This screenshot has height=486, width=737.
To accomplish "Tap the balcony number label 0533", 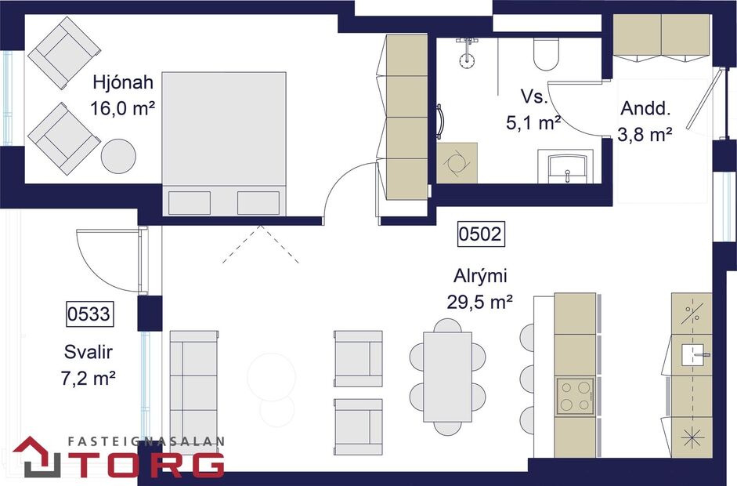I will click(88, 315).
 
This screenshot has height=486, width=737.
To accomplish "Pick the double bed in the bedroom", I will click(224, 141).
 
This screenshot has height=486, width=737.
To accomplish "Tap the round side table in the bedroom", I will click(118, 155).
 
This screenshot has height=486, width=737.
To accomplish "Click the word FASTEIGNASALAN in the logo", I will click(146, 441).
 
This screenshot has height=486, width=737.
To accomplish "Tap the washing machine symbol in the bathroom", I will click(456, 162).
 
